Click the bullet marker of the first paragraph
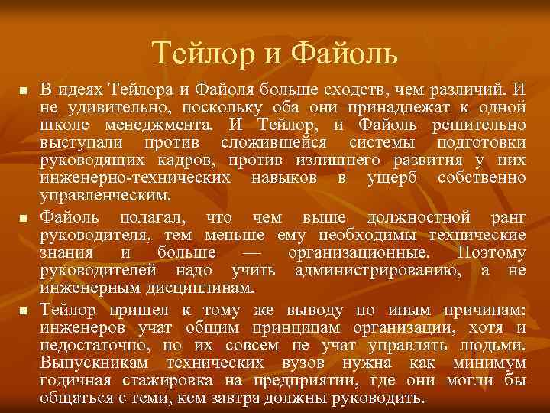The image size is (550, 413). pos(22,91)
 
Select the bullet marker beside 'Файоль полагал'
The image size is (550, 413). pos(22,220)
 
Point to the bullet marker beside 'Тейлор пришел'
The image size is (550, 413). pos(22,311)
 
